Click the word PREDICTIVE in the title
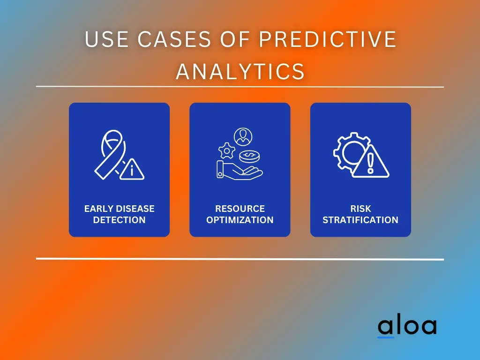point(327,39)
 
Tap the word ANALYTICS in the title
point(240,71)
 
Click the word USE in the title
point(106,39)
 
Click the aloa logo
point(407,326)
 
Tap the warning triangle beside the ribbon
point(132,169)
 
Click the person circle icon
point(243,137)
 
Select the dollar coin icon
point(250,157)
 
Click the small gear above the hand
point(227,150)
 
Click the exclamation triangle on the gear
point(370,162)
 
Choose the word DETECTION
point(120,220)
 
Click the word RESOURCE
point(240,209)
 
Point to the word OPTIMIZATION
point(240,220)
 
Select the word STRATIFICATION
point(360,220)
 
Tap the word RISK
point(360,209)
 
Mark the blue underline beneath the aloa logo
point(386,337)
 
